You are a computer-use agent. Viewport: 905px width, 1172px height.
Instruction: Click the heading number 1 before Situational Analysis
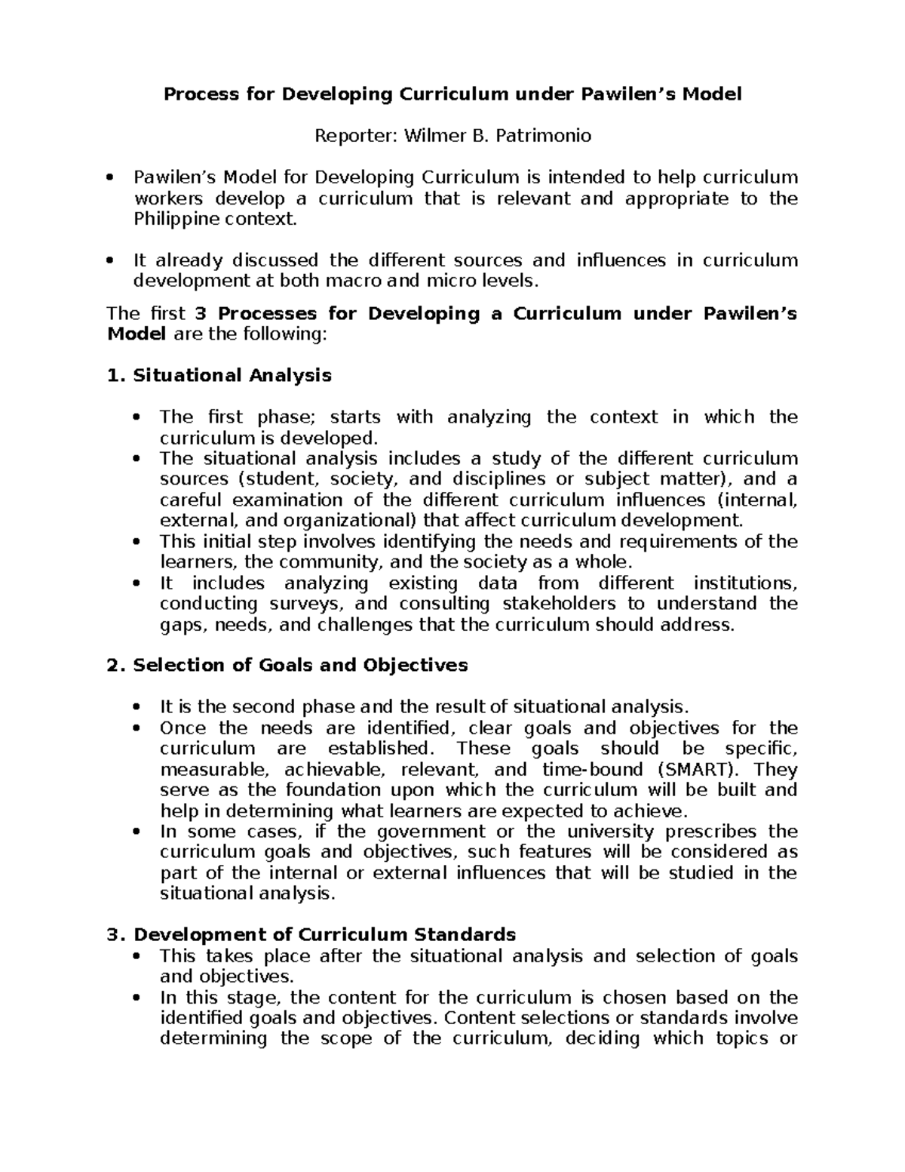click(x=114, y=375)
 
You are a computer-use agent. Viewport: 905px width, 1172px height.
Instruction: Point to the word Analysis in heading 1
click(x=290, y=375)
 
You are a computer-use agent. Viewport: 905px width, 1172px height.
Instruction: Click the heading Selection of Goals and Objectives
click(x=300, y=665)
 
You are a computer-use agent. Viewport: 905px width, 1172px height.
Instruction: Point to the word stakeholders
click(x=562, y=604)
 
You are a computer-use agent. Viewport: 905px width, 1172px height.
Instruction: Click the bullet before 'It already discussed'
click(x=111, y=261)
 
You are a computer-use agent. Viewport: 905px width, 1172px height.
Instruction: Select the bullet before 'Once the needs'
click(x=137, y=729)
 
